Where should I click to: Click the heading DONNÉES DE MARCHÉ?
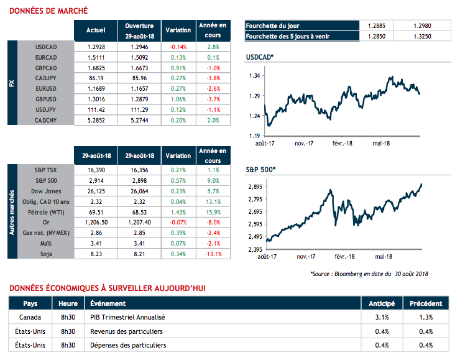49,11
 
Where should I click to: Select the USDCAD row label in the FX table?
47,47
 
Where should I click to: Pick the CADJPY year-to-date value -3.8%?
213,78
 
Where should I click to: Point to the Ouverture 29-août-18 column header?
139,30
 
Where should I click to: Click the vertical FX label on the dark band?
12,83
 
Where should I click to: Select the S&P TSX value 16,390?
96,170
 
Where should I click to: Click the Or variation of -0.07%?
178,221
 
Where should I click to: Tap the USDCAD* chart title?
261,58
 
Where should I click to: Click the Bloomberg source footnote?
369,274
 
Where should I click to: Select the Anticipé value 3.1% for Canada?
382,317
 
